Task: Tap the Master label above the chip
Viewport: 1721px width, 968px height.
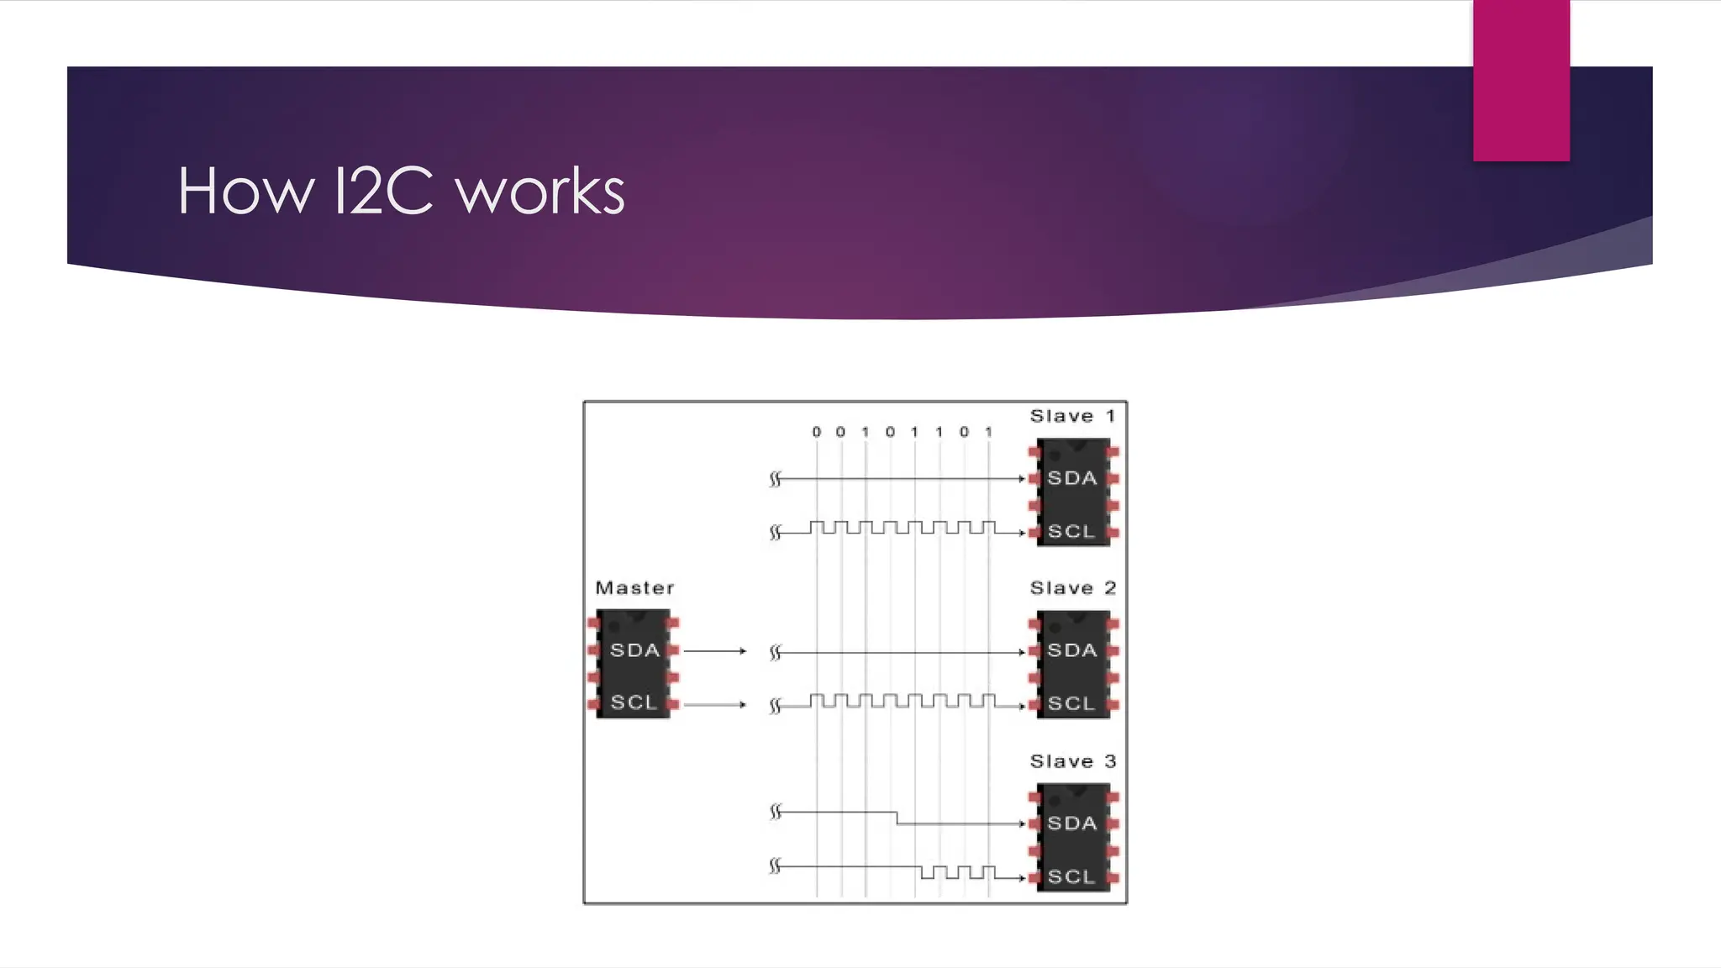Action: click(x=634, y=588)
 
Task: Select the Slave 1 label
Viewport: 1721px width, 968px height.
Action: click(x=1072, y=416)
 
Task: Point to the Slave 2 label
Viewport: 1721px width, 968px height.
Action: click(x=1072, y=588)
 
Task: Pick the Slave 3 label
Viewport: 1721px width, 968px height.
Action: click(x=1072, y=761)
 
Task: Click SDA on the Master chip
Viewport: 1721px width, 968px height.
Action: click(x=634, y=650)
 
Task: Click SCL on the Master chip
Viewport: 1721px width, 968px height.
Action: click(x=634, y=702)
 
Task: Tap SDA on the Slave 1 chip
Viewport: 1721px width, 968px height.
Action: click(x=1072, y=478)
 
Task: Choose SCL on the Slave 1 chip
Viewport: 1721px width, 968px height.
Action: click(x=1071, y=532)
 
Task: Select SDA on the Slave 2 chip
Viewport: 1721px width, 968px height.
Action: click(x=1072, y=650)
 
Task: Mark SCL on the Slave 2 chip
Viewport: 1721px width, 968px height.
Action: click(x=1071, y=703)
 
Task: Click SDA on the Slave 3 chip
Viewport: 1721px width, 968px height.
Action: click(x=1072, y=823)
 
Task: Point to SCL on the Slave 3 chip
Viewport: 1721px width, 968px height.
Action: click(x=1071, y=876)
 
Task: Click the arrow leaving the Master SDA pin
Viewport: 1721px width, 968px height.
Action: click(x=714, y=651)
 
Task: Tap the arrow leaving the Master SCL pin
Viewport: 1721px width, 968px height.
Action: click(x=714, y=704)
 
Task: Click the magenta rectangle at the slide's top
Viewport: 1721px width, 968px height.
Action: click(x=1521, y=81)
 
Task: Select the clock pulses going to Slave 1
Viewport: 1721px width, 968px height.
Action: click(x=903, y=528)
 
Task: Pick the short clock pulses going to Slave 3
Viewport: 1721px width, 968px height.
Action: click(x=958, y=872)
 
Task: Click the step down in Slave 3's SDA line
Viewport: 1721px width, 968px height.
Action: click(x=897, y=818)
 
